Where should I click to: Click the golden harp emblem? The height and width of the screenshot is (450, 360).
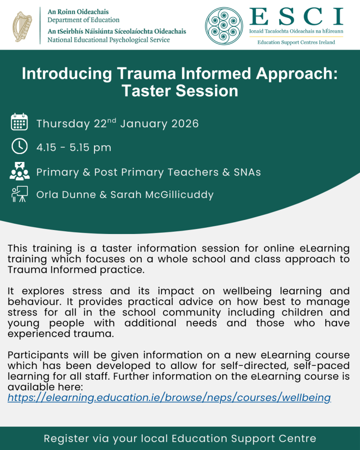22,26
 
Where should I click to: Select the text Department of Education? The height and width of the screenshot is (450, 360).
84,20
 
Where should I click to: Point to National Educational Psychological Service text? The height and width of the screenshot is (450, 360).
109,40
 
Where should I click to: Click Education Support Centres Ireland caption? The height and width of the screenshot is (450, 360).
296,42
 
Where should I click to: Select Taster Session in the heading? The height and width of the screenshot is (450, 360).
180,91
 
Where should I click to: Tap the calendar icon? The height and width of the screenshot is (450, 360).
19,122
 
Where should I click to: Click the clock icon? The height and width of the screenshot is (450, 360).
19,146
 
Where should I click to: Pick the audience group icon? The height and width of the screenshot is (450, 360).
19,171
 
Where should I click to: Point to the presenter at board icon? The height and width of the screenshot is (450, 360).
19,194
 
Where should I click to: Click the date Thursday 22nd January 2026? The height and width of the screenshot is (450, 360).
117,123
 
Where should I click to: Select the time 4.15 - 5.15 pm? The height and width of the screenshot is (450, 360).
74,148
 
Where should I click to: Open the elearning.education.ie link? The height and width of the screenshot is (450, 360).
169,397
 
